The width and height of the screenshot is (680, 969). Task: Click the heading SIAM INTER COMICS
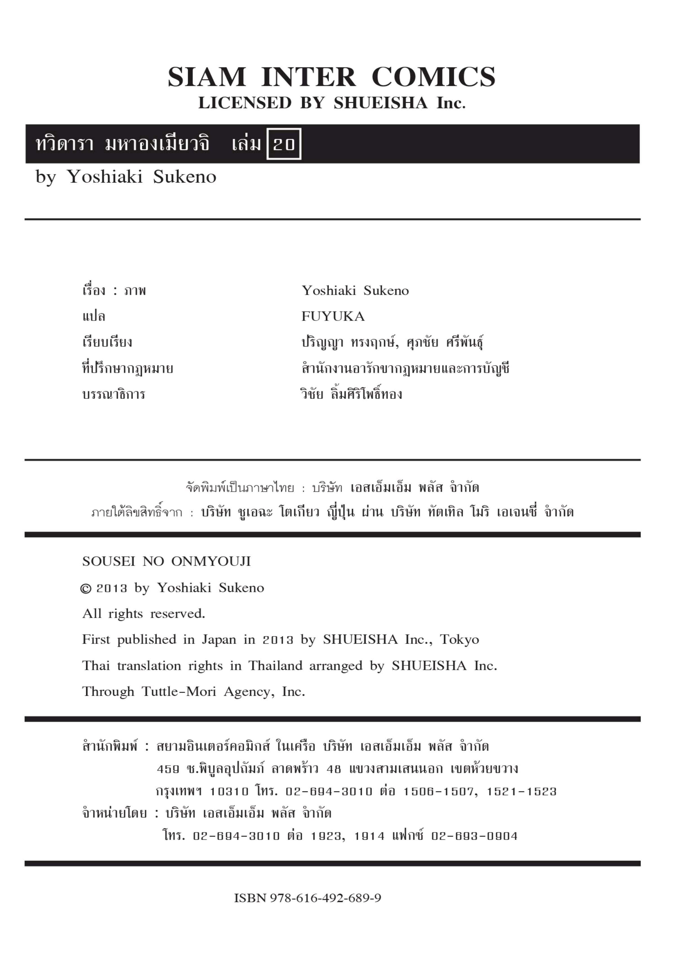[332, 77]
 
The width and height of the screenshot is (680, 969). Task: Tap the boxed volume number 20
[284, 144]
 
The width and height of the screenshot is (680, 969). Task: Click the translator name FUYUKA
[333, 317]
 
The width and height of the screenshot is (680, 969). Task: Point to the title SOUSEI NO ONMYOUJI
[166, 562]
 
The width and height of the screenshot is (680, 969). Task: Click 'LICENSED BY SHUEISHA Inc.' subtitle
[332, 103]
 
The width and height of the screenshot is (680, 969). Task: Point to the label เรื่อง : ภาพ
[114, 291]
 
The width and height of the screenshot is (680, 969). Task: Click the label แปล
[94, 317]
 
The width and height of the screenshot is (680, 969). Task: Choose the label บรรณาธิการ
[113, 395]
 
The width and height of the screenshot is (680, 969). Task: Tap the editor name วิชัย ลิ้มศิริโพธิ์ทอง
[351, 395]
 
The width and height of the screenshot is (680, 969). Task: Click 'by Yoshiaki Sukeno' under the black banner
[126, 177]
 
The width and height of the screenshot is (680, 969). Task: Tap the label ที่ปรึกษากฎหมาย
[127, 369]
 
